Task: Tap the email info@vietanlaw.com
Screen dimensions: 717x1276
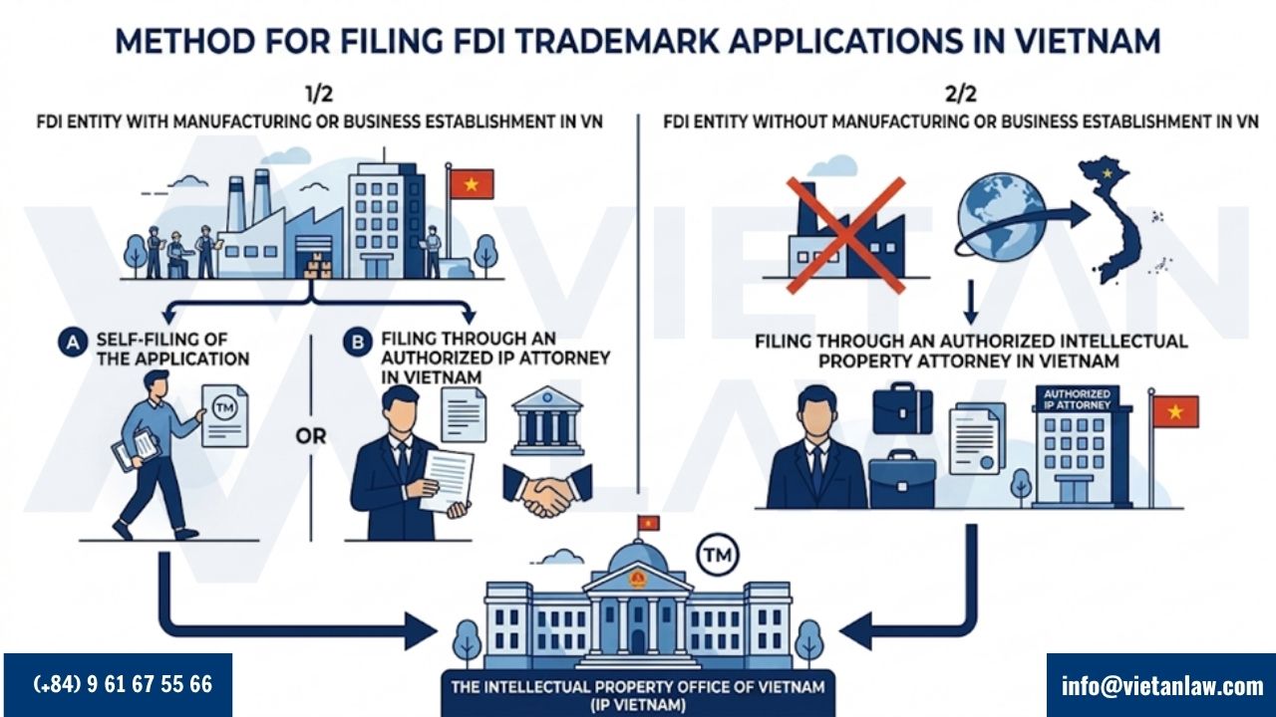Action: (1162, 685)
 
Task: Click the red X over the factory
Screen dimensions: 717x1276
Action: (844, 234)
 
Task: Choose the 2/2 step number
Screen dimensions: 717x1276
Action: (960, 96)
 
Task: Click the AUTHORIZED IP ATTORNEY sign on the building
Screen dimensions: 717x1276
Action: (1077, 400)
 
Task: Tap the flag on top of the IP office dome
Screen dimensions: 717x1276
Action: (649, 523)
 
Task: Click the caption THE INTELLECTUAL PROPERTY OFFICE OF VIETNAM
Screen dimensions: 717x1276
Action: (638, 687)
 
